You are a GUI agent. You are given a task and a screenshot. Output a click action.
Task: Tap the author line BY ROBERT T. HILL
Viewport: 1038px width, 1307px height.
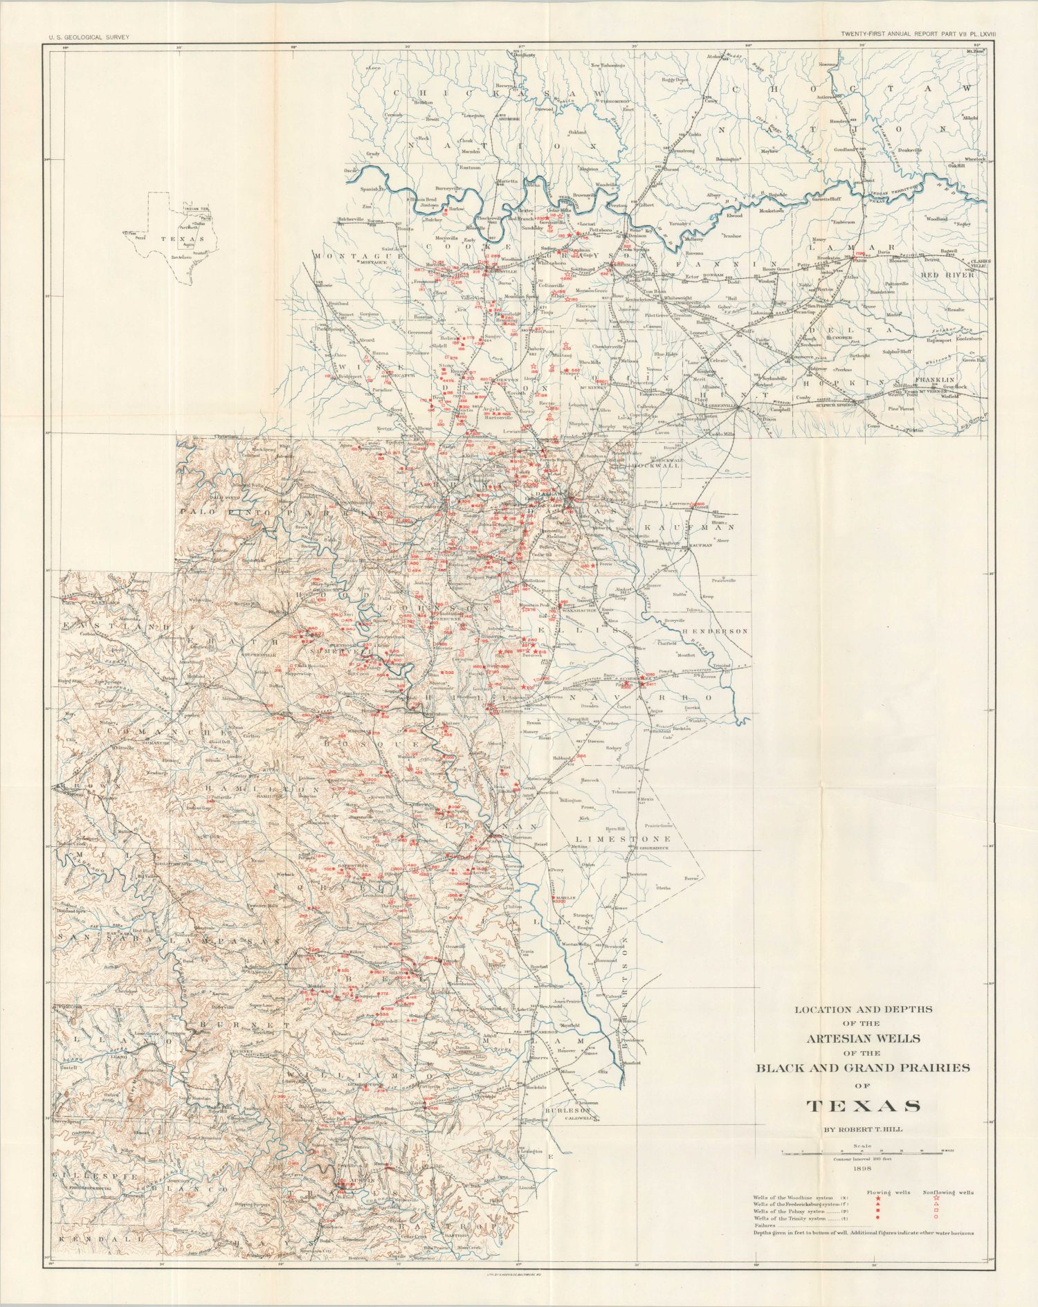(862, 1130)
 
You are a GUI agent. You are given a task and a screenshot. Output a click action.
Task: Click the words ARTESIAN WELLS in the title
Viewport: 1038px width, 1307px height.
(863, 1039)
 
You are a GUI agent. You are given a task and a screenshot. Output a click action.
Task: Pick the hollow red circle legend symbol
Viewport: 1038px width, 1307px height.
(936, 1216)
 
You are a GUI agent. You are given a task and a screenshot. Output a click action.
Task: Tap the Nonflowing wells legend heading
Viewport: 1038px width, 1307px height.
(948, 1193)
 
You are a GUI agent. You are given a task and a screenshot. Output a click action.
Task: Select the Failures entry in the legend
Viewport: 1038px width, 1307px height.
(766, 1224)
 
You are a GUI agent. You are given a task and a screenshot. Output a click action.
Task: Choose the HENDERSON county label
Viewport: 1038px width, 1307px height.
(716, 632)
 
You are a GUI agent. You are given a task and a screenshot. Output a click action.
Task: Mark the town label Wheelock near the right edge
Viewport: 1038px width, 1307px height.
(975, 158)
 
